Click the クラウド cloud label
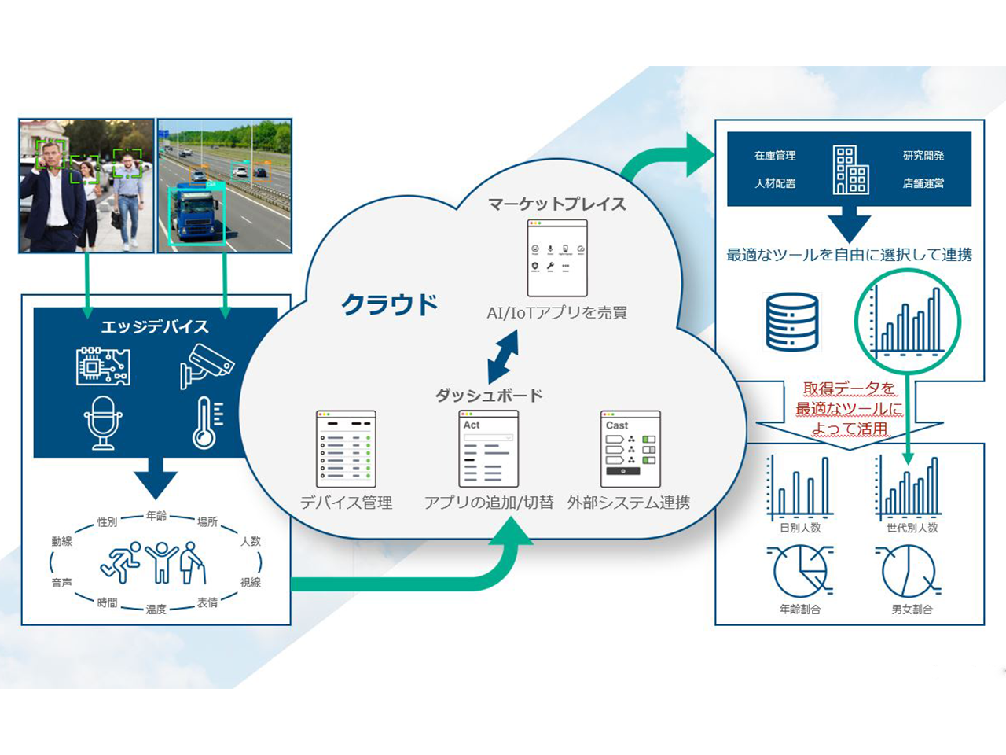[389, 304]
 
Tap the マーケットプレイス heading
[556, 204]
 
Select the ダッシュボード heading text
[489, 395]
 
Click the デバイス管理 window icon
[346, 449]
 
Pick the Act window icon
[488, 449]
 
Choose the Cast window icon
[630, 449]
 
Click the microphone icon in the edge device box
[103, 422]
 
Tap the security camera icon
[207, 366]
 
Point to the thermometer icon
[207, 422]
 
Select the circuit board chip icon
[103, 366]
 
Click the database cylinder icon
[791, 322]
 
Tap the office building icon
[850, 169]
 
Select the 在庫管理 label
[775, 156]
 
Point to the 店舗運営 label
[923, 183]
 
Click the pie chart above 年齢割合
[800, 572]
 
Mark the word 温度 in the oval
[156, 609]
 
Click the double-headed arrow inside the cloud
[503, 356]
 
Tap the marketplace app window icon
[557, 258]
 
